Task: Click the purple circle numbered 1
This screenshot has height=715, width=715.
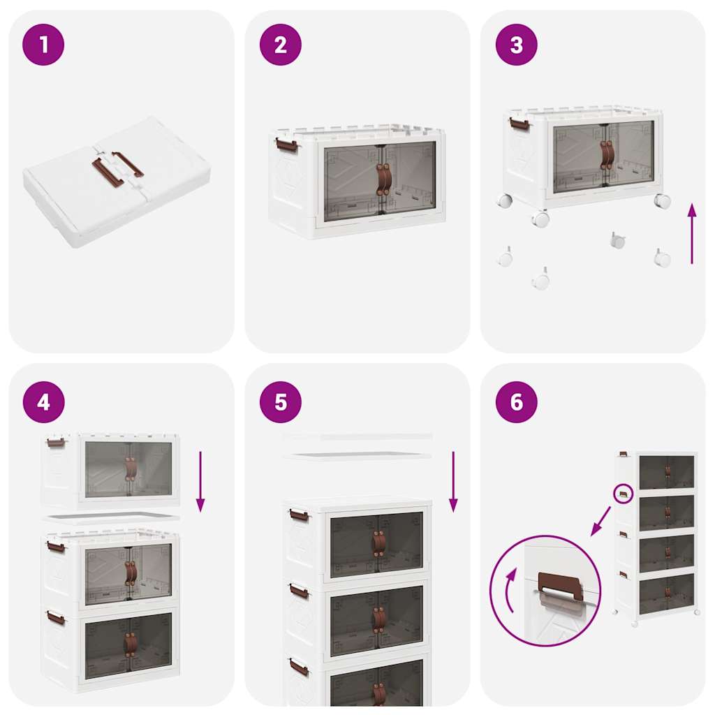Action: pos(43,45)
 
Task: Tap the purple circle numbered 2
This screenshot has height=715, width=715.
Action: pos(280,45)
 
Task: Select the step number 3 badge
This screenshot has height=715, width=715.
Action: pos(516,45)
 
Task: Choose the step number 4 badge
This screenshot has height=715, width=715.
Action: pos(43,402)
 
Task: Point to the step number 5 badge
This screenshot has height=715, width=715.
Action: pos(280,402)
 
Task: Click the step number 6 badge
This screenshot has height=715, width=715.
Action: pos(516,402)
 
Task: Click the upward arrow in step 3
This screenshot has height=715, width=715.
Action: pos(691,233)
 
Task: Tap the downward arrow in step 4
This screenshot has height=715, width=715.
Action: pos(200,481)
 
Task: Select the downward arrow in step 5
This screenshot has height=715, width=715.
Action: pos(452,481)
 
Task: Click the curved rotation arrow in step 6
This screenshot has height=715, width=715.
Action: pos(508,589)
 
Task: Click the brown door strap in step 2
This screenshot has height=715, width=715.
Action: pos(383,180)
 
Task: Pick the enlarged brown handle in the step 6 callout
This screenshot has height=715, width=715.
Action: pos(560,584)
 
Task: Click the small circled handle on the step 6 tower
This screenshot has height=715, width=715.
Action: pos(623,494)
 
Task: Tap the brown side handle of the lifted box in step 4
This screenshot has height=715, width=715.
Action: pos(56,443)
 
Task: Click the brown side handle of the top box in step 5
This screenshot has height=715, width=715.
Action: pos(299,516)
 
